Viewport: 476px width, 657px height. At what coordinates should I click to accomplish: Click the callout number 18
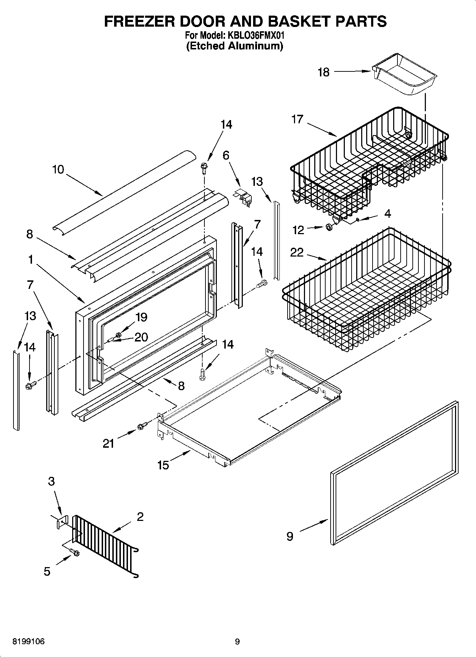323,72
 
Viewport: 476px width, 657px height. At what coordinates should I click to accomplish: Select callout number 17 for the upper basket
297,119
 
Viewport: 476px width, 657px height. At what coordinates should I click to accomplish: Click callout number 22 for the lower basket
297,252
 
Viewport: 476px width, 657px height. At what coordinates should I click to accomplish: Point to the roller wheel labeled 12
330,227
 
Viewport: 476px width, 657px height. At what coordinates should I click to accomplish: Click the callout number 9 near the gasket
290,536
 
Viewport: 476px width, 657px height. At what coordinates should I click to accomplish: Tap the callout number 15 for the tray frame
163,465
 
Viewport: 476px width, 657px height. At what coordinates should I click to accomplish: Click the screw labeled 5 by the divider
75,553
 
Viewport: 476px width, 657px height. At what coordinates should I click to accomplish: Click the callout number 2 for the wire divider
140,517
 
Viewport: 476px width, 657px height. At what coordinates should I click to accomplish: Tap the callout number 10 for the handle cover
58,169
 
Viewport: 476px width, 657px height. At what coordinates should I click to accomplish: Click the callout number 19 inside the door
141,317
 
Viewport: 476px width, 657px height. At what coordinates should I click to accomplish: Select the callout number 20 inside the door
141,337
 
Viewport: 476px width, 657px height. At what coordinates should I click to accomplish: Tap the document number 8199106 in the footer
28,642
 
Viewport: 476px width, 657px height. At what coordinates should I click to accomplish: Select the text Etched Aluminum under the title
235,46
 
